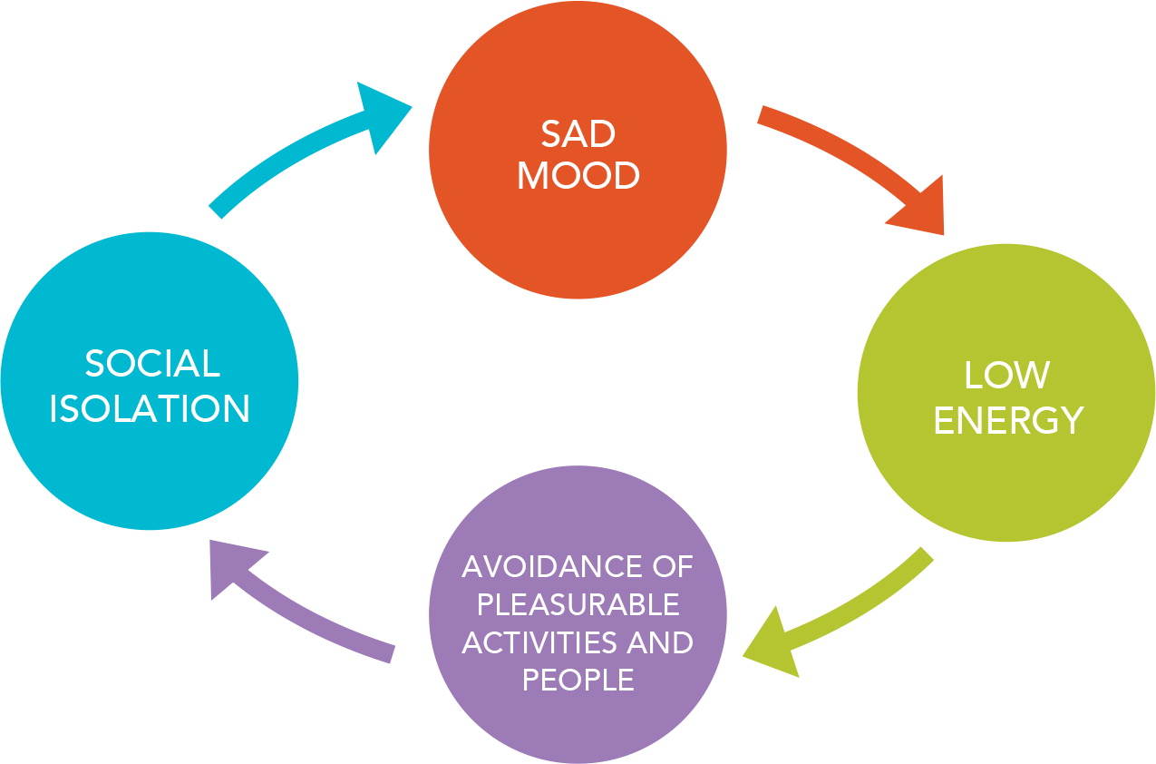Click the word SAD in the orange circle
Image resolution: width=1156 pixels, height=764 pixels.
coord(578,134)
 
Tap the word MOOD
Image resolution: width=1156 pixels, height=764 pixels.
coord(578,175)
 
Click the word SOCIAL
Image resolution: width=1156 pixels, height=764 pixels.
coord(152,364)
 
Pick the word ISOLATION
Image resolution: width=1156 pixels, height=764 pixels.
coord(150,409)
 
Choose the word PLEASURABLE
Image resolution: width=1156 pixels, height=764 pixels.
coord(578,604)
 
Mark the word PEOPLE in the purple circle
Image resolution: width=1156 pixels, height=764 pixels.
coord(578,680)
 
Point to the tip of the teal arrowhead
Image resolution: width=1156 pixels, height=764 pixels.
coord(413,107)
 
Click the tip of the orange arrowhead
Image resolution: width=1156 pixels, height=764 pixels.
coord(944,235)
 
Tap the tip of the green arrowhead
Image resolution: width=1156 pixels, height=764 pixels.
coord(743,655)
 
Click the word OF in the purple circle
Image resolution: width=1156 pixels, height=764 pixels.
coord(671,567)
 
